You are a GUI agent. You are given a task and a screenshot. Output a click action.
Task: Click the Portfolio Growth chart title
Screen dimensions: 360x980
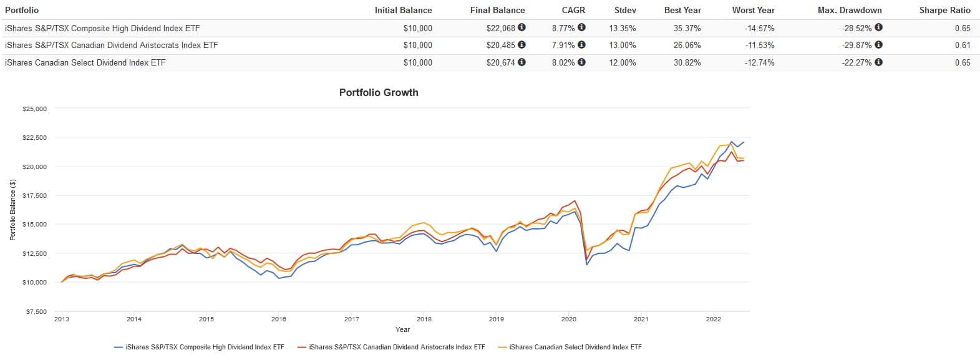(x=379, y=92)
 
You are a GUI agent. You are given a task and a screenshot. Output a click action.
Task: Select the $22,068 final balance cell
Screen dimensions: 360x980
(x=501, y=28)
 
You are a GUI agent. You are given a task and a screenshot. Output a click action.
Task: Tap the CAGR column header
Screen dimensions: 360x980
(x=573, y=10)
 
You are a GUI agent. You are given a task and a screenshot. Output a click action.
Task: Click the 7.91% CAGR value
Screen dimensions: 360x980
(x=563, y=45)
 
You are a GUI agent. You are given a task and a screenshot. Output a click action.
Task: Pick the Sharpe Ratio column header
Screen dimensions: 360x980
(x=944, y=10)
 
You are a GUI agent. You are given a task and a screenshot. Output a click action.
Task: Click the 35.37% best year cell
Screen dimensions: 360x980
(x=687, y=28)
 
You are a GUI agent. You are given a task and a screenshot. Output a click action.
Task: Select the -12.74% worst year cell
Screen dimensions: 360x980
(x=759, y=62)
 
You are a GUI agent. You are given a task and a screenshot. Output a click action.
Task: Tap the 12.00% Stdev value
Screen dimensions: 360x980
(x=623, y=62)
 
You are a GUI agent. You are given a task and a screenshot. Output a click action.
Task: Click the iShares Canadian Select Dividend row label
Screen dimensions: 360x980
(x=85, y=62)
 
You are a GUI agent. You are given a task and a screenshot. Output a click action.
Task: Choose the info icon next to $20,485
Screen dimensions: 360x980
(x=522, y=45)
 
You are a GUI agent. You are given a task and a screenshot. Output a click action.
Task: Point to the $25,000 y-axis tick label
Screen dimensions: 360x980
(x=34, y=109)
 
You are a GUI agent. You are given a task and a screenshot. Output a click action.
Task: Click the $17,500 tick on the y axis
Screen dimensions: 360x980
(x=34, y=195)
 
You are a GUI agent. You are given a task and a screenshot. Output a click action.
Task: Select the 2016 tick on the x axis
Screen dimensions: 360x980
(x=279, y=319)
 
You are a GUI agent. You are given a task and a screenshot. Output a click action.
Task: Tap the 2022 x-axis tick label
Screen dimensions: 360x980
(x=713, y=319)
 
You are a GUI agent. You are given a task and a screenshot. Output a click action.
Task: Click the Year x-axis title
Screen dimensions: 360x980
(x=402, y=329)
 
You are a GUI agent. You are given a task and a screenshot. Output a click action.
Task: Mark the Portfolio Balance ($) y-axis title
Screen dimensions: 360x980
(x=12, y=210)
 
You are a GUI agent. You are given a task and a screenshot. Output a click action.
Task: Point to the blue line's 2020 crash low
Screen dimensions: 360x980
(x=587, y=265)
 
